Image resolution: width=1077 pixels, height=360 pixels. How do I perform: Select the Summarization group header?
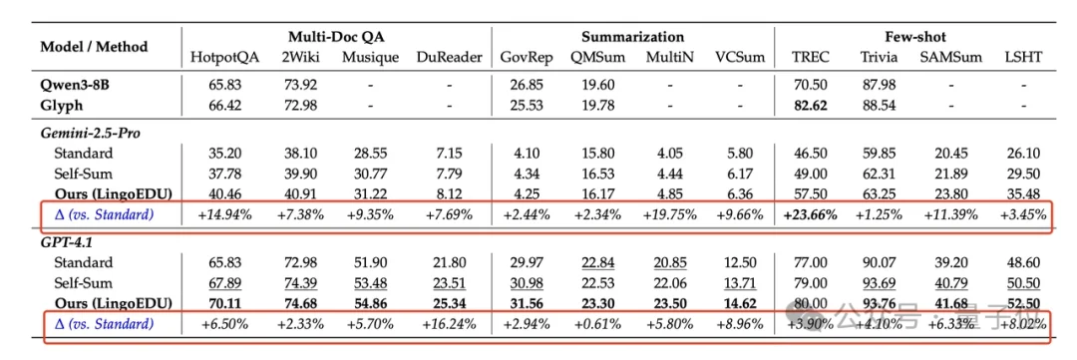coord(633,37)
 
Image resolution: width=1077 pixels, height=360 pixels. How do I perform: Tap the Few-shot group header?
coord(916,37)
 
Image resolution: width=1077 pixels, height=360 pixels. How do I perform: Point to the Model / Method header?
coord(94,46)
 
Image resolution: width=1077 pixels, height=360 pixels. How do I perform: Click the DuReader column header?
coord(450,57)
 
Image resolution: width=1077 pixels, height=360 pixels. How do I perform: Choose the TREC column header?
coord(809,57)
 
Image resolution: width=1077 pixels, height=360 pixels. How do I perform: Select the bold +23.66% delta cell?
coord(809,214)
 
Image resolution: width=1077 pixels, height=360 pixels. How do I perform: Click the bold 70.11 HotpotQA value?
coord(224,304)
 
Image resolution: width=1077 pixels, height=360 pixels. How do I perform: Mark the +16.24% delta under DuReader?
coord(450,324)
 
